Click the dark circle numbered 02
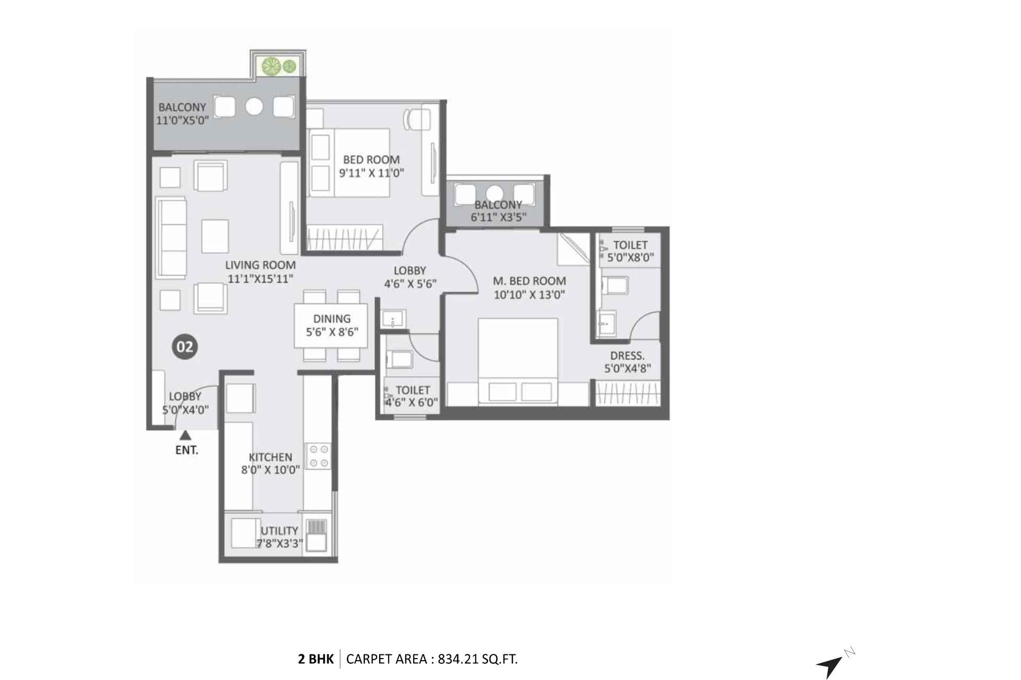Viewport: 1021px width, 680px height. [185, 347]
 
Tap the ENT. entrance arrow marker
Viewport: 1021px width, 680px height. [185, 436]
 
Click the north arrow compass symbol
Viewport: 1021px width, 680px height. [831, 664]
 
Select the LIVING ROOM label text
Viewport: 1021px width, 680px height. [260, 265]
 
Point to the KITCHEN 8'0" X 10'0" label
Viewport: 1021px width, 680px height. [270, 463]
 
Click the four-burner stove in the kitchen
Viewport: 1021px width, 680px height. [318, 456]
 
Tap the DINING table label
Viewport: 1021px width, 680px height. [332, 325]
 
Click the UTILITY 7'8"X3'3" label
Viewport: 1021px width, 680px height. [279, 537]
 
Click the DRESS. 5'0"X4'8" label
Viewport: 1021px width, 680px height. [627, 362]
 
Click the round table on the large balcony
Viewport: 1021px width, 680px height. [254, 106]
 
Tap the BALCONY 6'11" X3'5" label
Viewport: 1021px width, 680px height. [498, 211]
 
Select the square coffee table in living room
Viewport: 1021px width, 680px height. [215, 236]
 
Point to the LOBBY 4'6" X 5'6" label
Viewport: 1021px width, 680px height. [410, 277]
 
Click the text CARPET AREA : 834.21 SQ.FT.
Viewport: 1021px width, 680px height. [431, 659]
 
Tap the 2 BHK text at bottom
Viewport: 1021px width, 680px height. [315, 659]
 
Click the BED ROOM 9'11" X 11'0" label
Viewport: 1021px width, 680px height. [371, 166]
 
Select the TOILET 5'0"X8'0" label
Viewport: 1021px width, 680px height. [630, 251]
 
